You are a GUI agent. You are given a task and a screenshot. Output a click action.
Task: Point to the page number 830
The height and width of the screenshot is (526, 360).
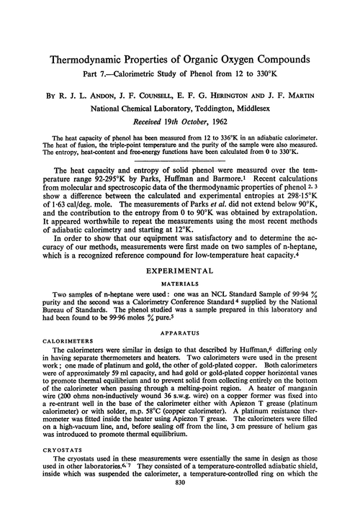coord(180,509)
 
